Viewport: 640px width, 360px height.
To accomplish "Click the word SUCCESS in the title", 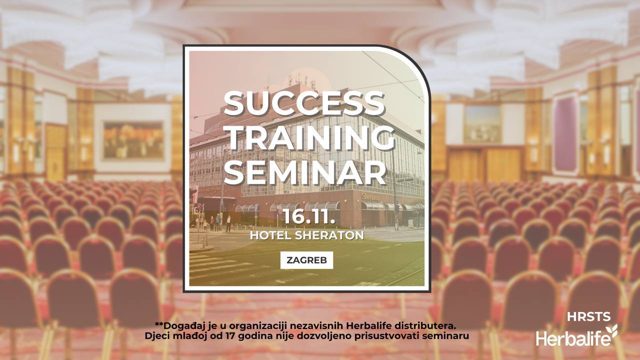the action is (x=304, y=103).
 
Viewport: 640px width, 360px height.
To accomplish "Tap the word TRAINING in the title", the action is (x=309, y=138).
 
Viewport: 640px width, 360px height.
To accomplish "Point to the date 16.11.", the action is (x=309, y=217).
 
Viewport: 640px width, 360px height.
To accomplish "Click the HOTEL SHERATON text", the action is (x=307, y=235).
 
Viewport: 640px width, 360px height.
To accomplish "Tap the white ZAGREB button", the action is (x=306, y=260).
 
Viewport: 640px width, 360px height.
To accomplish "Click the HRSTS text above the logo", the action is (x=589, y=317).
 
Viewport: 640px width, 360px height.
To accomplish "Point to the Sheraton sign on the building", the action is (x=370, y=197).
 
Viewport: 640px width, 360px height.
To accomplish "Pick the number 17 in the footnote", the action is (x=230, y=335).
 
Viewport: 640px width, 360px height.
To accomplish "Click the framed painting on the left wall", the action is (x=133, y=140).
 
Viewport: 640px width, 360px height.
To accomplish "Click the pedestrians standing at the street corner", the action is (x=218, y=223).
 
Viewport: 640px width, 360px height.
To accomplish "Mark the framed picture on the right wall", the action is (x=482, y=124).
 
